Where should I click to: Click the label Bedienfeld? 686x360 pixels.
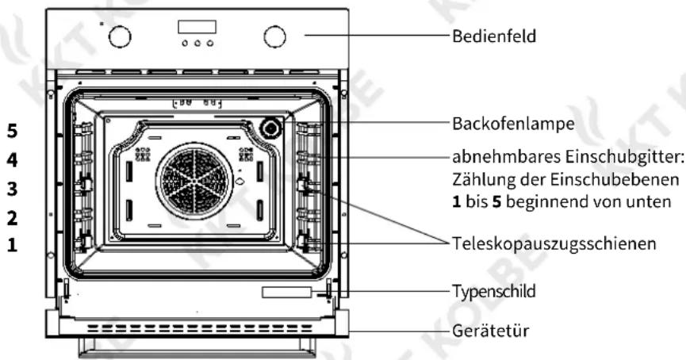point(494,36)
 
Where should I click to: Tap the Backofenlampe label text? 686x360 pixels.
point(513,124)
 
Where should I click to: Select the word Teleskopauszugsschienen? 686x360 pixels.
point(554,243)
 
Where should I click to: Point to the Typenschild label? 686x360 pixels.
point(493,291)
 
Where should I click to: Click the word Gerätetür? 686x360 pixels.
point(490,330)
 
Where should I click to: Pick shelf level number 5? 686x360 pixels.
point(12,131)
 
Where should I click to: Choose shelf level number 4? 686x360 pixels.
point(12,159)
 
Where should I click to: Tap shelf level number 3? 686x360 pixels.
point(12,189)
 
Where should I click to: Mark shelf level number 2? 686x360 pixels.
point(12,218)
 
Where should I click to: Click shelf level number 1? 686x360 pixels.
point(12,244)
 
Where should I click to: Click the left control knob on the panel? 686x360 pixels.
point(120,36)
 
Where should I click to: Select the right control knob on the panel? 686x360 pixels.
point(274,36)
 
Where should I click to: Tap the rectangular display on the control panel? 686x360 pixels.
point(197,27)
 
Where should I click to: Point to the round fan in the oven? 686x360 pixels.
point(194,181)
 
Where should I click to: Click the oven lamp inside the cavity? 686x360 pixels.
point(270,128)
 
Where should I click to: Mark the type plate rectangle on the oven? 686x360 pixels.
point(286,292)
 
